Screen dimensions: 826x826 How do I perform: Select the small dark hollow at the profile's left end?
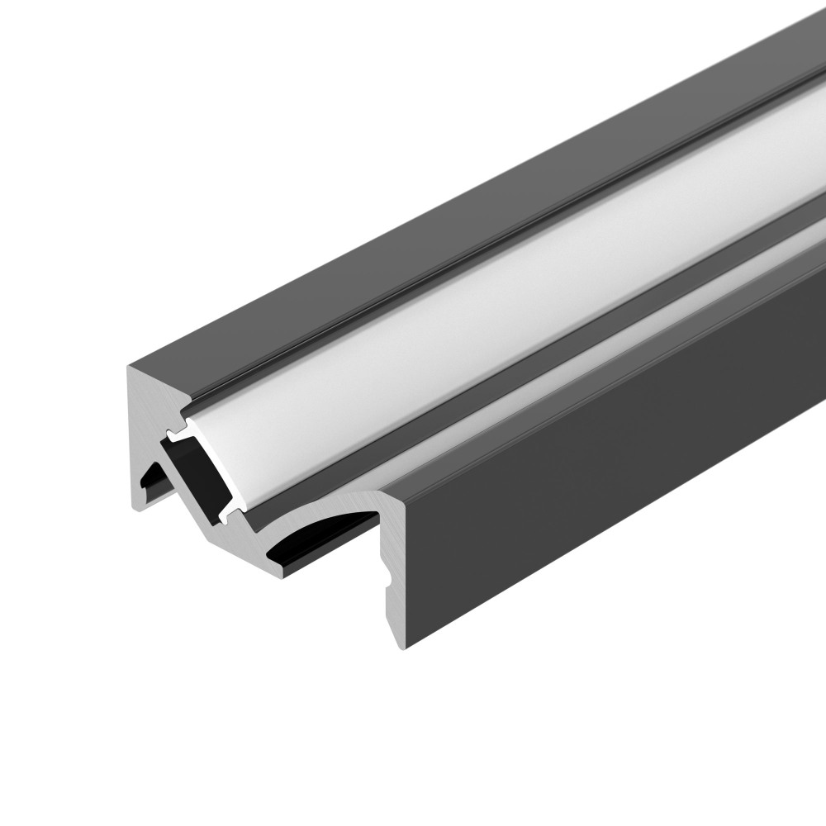coord(151,483)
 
